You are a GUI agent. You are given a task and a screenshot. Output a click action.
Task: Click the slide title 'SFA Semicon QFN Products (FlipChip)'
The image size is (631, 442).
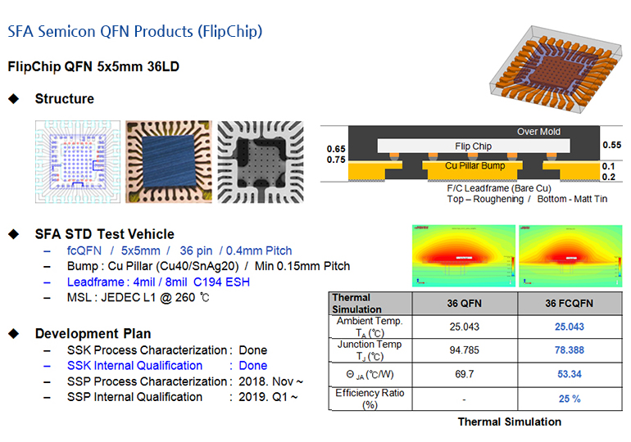134,32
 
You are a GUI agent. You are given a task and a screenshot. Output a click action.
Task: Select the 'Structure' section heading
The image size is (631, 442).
64,99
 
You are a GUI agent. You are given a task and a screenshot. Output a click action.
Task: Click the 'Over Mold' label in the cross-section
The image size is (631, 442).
538,132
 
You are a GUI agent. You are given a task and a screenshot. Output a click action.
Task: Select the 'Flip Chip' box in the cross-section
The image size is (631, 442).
473,147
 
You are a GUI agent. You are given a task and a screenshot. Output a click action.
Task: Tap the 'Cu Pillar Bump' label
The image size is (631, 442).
474,165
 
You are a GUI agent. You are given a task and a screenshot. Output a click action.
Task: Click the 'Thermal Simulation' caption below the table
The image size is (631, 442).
509,422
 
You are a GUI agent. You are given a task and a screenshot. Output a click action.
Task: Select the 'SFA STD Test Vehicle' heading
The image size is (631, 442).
104,234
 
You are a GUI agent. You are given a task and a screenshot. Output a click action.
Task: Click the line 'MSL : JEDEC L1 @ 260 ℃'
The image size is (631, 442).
138,297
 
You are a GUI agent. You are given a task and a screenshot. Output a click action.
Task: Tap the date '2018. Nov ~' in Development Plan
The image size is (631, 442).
270,381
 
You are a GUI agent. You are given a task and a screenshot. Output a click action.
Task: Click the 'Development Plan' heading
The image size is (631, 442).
93,334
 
